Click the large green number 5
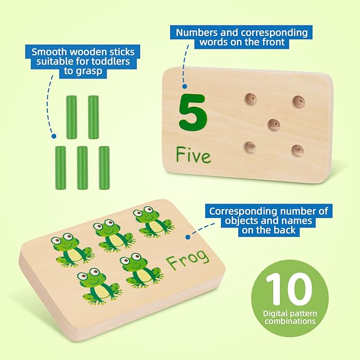pyautogui.click(x=192, y=111)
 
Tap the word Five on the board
pyautogui.click(x=193, y=155)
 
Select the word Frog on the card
pyautogui.click(x=187, y=262)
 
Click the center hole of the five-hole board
pyautogui.click(x=273, y=125)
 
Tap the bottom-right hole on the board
pyautogui.click(x=297, y=150)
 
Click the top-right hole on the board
pyautogui.click(x=298, y=101)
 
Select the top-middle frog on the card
pyautogui.click(x=110, y=235)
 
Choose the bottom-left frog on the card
pyautogui.click(x=98, y=285)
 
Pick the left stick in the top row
pyautogui.click(x=71, y=117)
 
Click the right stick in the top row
pyautogui.click(x=93, y=117)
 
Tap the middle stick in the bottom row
pyautogui.click(x=82, y=168)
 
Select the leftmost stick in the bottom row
pyautogui.click(x=60, y=168)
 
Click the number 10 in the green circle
pyautogui.click(x=288, y=289)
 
